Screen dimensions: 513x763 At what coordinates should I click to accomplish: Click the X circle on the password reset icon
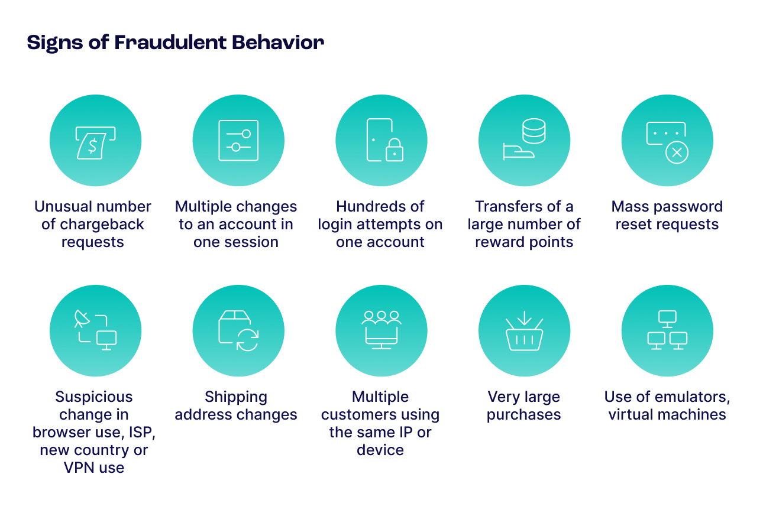[677, 153]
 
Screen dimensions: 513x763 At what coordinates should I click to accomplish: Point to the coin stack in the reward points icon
[534, 131]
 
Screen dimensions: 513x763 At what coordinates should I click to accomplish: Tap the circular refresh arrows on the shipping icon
[247, 339]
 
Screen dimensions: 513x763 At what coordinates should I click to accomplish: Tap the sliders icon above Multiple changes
[238, 141]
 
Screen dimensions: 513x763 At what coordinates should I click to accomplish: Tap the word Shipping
[236, 397]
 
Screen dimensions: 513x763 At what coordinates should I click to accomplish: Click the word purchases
[524, 414]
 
